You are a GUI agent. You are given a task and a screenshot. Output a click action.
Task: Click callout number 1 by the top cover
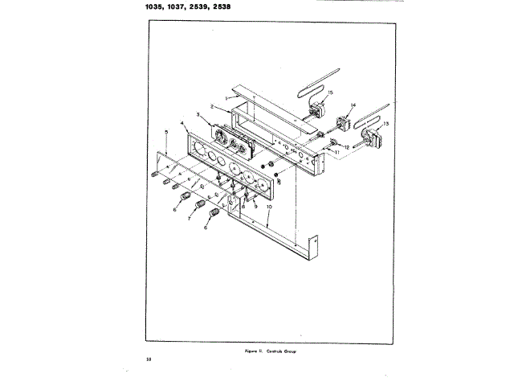point(204,96)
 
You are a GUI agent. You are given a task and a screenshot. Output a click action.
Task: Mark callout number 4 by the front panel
point(183,123)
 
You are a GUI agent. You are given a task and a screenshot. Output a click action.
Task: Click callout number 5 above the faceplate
point(165,130)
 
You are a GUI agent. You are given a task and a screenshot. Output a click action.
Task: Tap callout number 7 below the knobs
point(189,218)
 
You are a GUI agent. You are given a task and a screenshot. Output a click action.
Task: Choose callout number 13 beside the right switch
point(386,123)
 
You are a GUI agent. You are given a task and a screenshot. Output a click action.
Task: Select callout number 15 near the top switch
point(331,93)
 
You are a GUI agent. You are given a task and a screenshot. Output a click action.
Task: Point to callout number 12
point(346,147)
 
